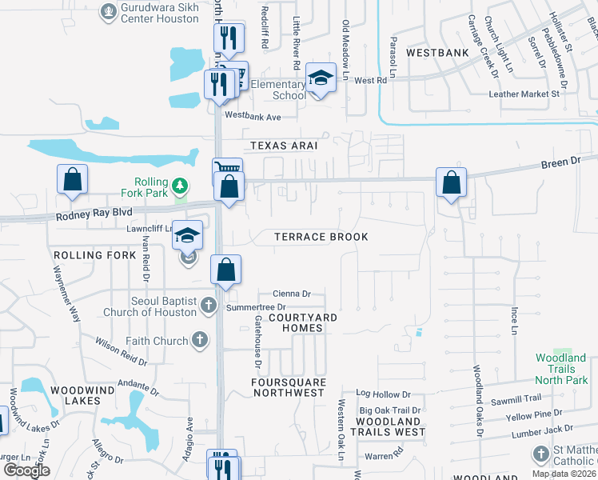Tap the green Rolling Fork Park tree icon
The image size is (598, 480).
(x=181, y=186)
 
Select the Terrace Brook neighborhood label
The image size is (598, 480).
(x=321, y=237)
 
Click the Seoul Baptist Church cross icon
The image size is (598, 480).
(x=208, y=305)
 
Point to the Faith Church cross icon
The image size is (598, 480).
(x=199, y=341)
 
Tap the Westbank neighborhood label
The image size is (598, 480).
(x=437, y=53)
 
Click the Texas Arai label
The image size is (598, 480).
(x=284, y=146)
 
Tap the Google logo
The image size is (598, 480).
(x=26, y=470)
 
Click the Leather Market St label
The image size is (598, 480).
(x=524, y=94)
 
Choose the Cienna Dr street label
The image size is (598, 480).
(x=291, y=294)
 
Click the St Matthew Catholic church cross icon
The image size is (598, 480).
(x=541, y=454)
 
